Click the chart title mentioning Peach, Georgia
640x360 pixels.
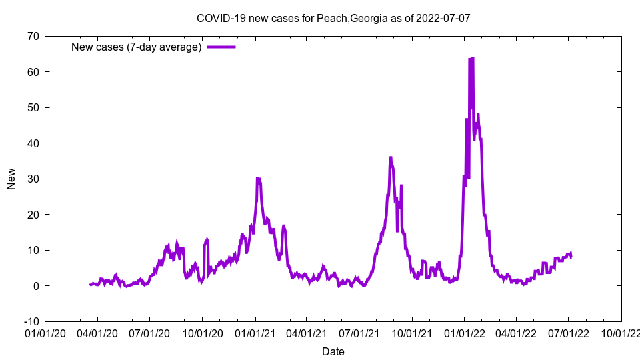tap(333, 18)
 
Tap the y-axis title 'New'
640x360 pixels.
tap(11, 179)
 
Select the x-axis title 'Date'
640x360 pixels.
tap(333, 351)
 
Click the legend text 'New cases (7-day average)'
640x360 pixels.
tap(137, 47)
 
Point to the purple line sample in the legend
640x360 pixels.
tap(221, 47)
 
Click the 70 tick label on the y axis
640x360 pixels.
tap(32, 36)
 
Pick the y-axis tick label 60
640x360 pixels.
tap(32, 72)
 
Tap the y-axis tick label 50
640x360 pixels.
tap(32, 107)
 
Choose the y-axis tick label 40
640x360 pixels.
tap(32, 143)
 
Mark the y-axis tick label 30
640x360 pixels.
tap(32, 179)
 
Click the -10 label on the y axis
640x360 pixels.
tap(30, 321)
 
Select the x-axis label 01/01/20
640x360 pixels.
tap(45, 333)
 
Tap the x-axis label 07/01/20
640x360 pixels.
tap(150, 333)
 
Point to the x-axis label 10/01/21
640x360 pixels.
tap(412, 333)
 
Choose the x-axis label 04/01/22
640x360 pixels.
tap(516, 333)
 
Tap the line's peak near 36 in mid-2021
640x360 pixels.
tap(391, 157)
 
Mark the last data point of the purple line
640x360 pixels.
tap(571, 256)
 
